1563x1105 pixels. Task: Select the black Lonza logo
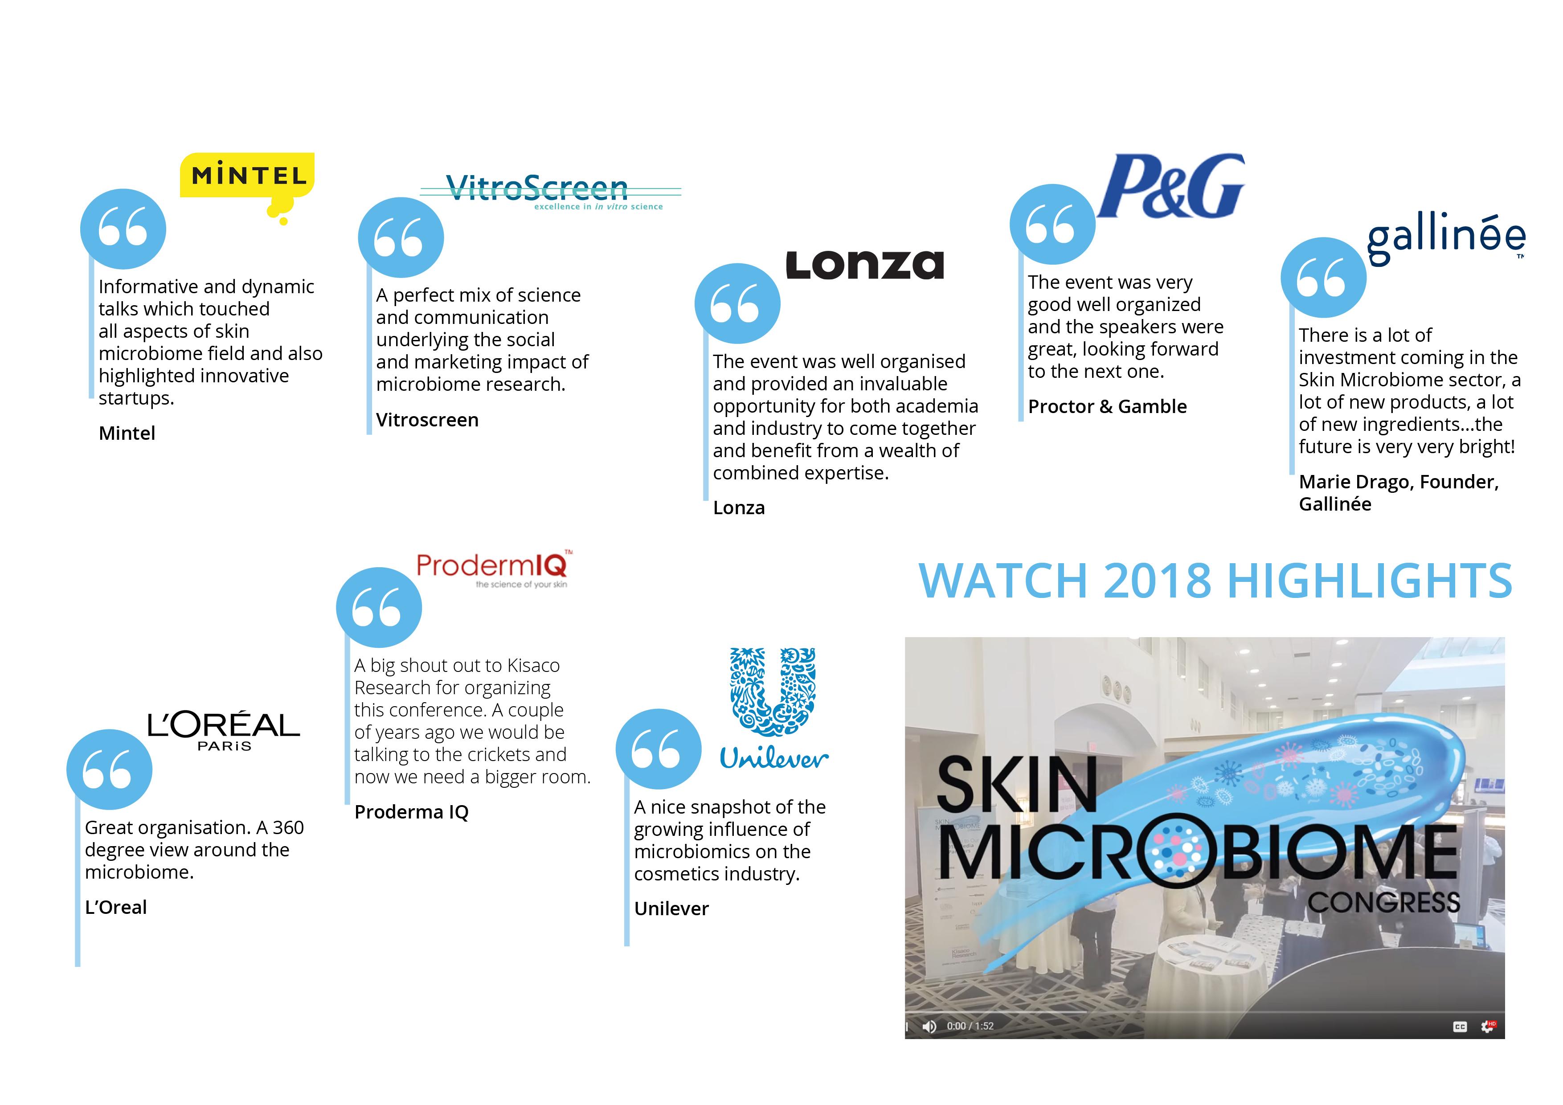click(864, 266)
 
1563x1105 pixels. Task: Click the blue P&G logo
click(1171, 186)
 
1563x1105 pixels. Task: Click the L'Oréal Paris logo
click(223, 730)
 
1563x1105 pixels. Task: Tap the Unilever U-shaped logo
click(773, 708)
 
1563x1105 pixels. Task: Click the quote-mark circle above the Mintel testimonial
click(123, 228)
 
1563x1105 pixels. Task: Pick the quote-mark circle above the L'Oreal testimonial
click(109, 770)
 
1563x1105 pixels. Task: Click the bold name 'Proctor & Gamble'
click(1107, 406)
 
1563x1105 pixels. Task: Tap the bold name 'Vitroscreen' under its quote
click(427, 420)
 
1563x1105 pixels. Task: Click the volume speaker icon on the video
click(929, 1026)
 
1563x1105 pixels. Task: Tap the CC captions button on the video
click(1460, 1027)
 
